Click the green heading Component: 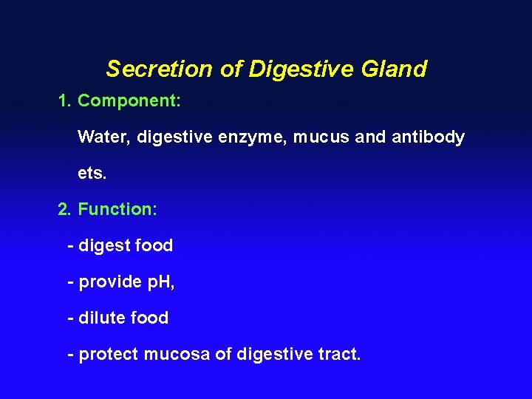tap(129, 100)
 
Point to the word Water tap(104, 137)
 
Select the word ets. tap(92, 173)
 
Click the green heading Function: tap(117, 209)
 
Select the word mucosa tap(177, 355)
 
